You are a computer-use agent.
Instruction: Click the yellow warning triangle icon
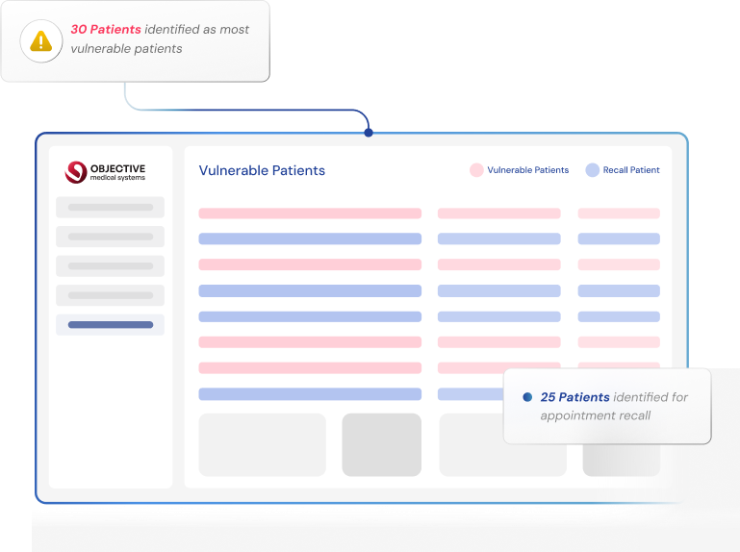point(40,40)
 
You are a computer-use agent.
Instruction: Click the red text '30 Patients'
point(105,30)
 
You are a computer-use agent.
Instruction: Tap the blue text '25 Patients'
point(574,397)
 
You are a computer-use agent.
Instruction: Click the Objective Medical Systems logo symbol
point(75,172)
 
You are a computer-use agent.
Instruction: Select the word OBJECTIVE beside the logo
point(118,168)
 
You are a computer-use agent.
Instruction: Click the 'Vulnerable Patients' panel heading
point(262,170)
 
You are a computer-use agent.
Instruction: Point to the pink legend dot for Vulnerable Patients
point(476,170)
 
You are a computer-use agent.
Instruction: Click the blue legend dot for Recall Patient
point(593,170)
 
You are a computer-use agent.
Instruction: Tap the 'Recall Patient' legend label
point(631,170)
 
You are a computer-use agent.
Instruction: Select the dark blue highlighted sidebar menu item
point(110,325)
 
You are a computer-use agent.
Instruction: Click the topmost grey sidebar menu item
point(110,207)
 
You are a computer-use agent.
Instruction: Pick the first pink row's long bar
point(310,213)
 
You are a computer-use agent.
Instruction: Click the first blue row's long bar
point(310,238)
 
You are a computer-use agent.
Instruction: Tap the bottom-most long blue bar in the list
point(310,394)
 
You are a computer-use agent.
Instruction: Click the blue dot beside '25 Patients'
point(527,397)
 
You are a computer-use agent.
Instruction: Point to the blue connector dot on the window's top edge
point(369,133)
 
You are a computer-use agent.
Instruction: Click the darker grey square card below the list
point(381,444)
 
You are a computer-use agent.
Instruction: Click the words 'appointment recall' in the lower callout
point(595,415)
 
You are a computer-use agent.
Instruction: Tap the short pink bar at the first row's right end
point(618,213)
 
